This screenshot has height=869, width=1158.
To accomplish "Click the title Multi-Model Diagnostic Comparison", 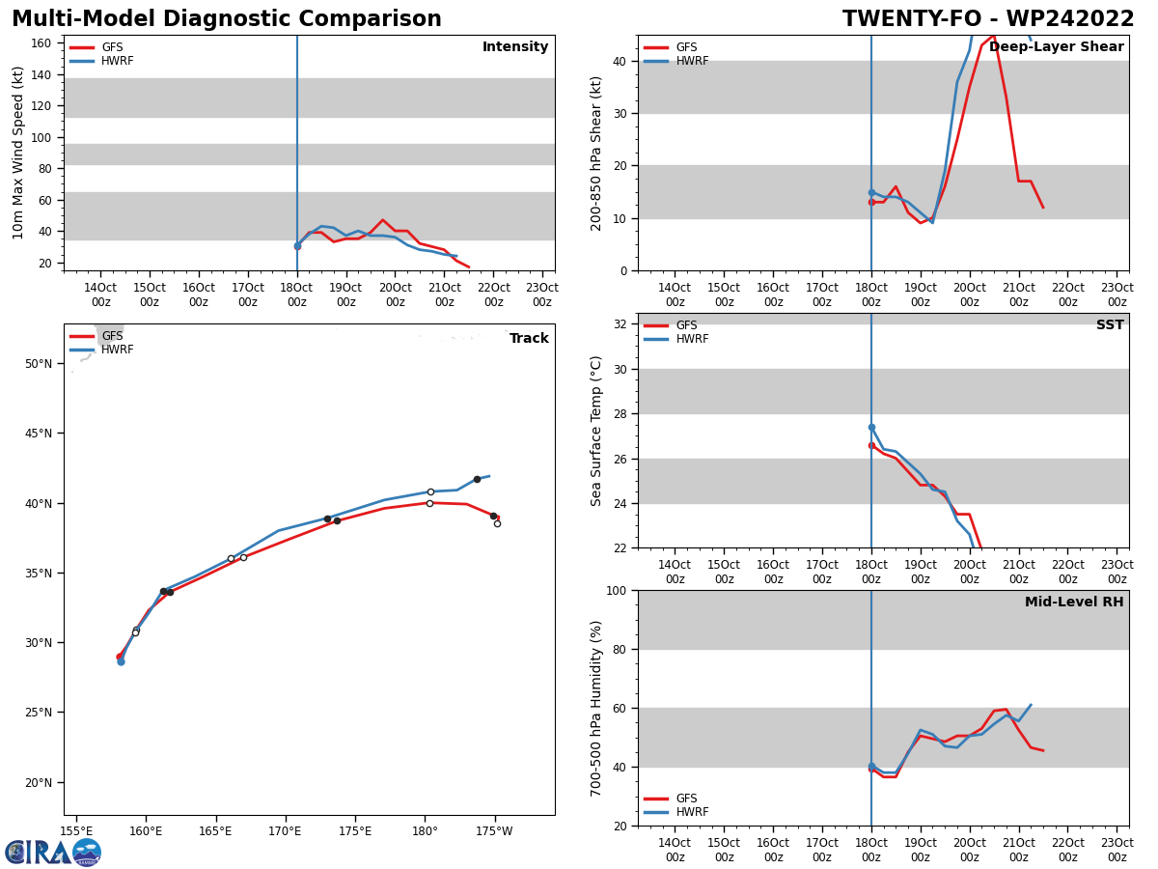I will pyautogui.click(x=227, y=19).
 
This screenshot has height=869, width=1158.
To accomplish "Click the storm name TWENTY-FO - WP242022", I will pyautogui.click(x=987, y=19).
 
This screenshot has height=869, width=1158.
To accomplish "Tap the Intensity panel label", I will pyautogui.click(x=515, y=47).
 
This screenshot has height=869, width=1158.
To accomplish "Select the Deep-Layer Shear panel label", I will pyautogui.click(x=1056, y=47).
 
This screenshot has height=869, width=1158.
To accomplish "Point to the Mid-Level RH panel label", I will pyautogui.click(x=1074, y=603).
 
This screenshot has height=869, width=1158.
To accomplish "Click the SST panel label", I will pyautogui.click(x=1110, y=325).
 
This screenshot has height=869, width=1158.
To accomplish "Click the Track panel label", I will pyautogui.click(x=529, y=339).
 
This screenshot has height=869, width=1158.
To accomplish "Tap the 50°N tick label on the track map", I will pyautogui.click(x=39, y=364).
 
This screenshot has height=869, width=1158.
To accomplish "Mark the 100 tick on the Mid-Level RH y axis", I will pyautogui.click(x=615, y=590).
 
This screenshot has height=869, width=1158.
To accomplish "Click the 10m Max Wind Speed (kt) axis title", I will pyautogui.click(x=19, y=153).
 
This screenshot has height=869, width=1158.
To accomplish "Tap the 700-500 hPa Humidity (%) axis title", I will pyautogui.click(x=596, y=708).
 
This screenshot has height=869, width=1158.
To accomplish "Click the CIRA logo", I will pyautogui.click(x=53, y=852).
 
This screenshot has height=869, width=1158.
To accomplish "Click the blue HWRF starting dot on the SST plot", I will pyautogui.click(x=871, y=427).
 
